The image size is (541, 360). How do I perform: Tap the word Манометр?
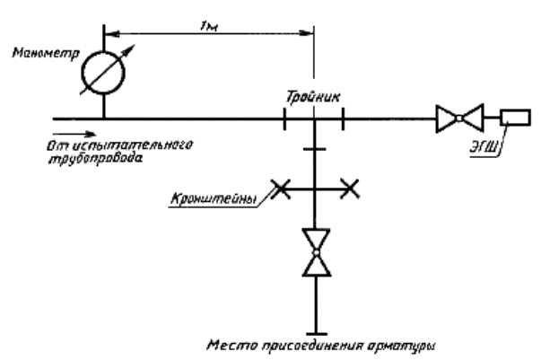46,53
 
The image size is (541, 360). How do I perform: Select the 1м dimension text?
209,26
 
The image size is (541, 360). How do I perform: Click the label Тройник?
313,96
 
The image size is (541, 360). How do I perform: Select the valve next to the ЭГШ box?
459,118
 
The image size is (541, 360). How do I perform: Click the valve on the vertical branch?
317,252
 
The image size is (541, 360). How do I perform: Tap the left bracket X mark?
280,189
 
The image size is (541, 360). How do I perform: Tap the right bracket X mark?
350,189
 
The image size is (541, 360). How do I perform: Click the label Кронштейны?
214,199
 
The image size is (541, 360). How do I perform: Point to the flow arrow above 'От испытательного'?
74,134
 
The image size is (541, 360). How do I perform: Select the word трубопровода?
95,158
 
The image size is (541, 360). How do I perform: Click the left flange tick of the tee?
284,119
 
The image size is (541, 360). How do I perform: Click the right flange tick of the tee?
343,119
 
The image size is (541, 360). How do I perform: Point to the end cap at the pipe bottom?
317,334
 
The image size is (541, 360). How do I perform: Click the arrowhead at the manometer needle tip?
129,50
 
